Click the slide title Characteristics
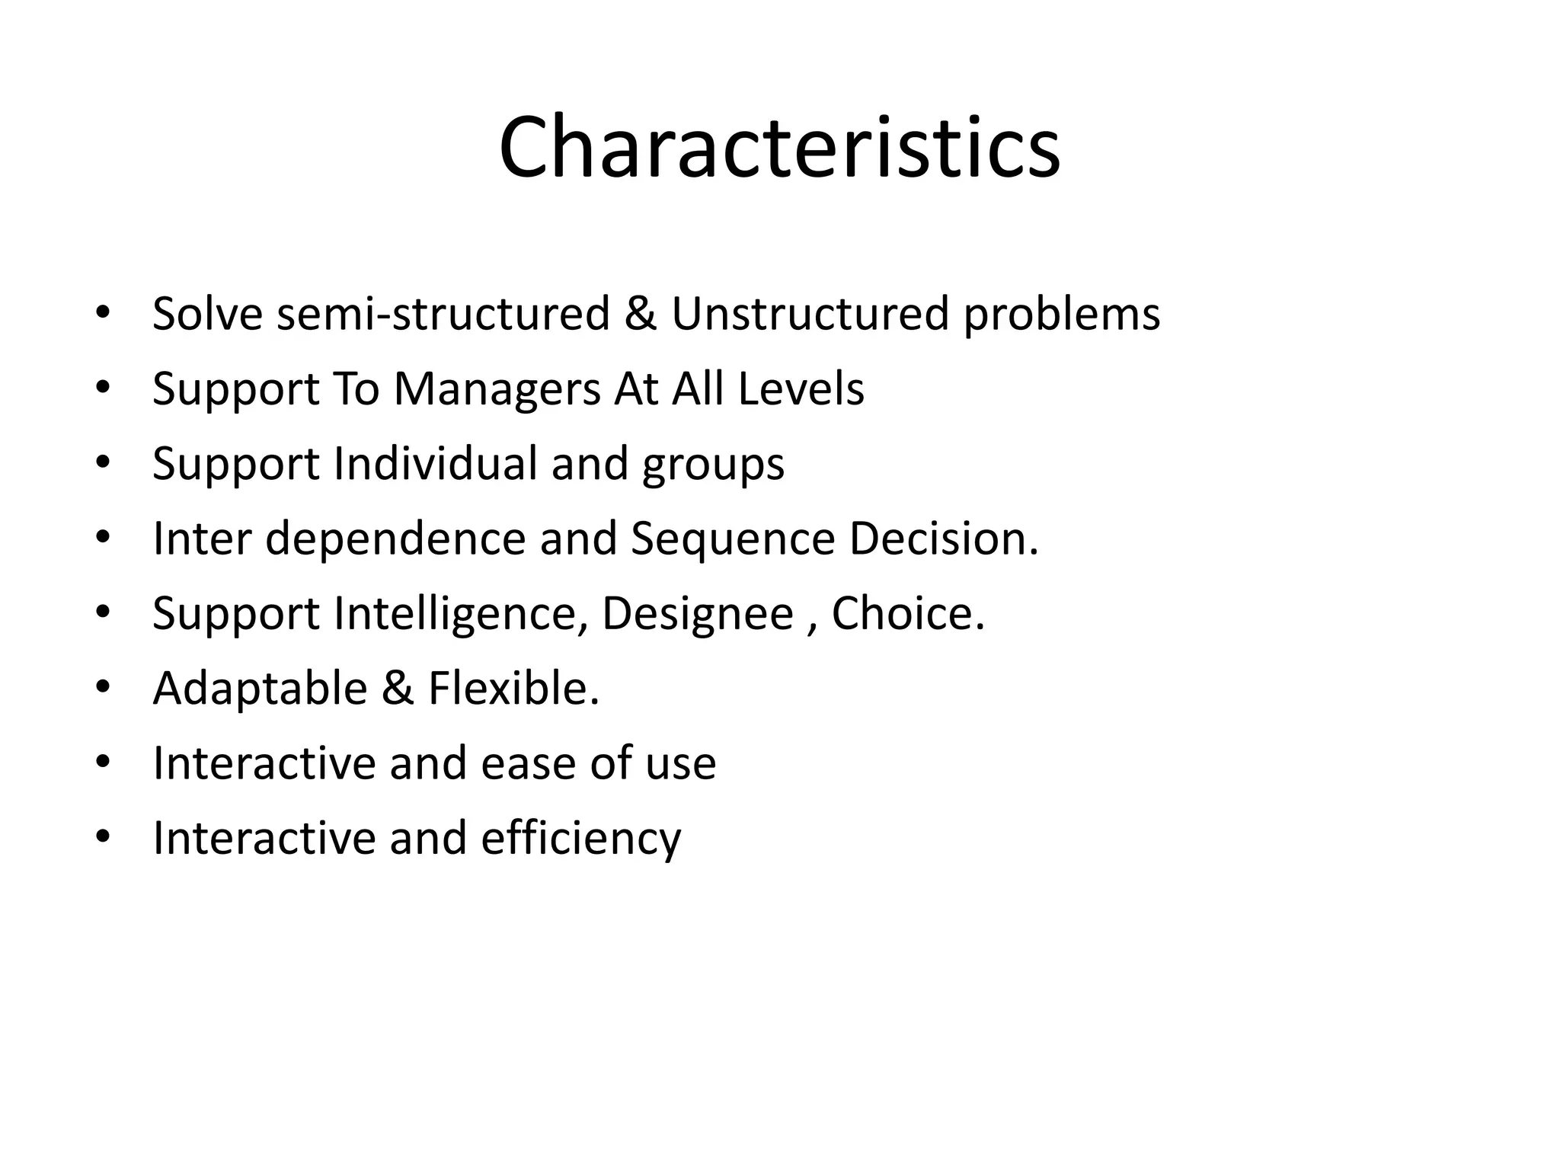(779, 146)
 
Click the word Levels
(801, 388)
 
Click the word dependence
(395, 538)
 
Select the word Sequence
(733, 539)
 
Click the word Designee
(698, 614)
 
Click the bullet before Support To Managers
(104, 388)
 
